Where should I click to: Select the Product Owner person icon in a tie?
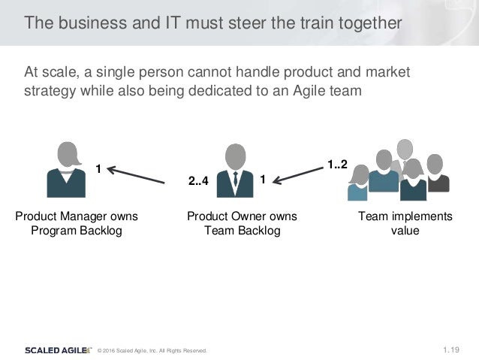pyautogui.click(x=235, y=170)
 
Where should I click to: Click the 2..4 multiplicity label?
pyautogui.click(x=198, y=181)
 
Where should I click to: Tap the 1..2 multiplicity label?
pyautogui.click(x=336, y=164)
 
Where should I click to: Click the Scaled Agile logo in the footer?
pyautogui.click(x=57, y=349)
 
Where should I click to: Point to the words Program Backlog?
pyautogui.click(x=76, y=231)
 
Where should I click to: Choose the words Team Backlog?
pyautogui.click(x=242, y=231)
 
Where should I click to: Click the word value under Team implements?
pyautogui.click(x=405, y=231)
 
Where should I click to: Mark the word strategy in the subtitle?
pyautogui.click(x=50, y=91)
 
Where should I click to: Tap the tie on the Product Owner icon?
pyautogui.click(x=235, y=180)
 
